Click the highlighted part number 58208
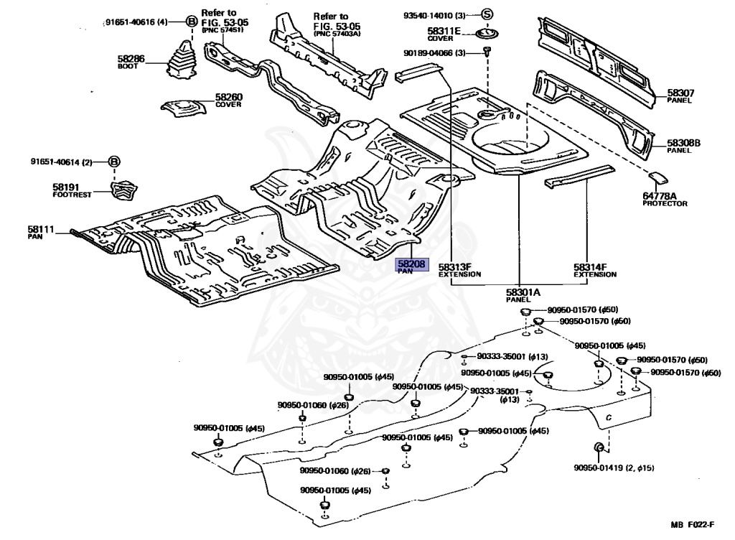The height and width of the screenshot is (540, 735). pyautogui.click(x=411, y=264)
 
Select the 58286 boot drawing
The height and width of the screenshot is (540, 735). pyautogui.click(x=182, y=59)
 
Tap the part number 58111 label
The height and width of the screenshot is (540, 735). pyautogui.click(x=41, y=229)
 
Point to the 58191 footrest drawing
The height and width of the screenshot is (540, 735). pyautogui.click(x=124, y=189)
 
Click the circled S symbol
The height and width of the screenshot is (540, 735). pyautogui.click(x=487, y=15)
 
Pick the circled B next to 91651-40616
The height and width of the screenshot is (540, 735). pyautogui.click(x=191, y=22)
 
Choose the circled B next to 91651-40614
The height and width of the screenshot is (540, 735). pyautogui.click(x=114, y=162)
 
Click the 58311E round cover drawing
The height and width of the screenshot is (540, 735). pyautogui.click(x=487, y=34)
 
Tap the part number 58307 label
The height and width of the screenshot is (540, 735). pyautogui.click(x=680, y=93)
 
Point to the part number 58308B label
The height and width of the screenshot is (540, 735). pyautogui.click(x=684, y=143)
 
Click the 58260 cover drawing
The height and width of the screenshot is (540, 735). pyautogui.click(x=183, y=108)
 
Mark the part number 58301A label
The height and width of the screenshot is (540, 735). pyautogui.click(x=523, y=292)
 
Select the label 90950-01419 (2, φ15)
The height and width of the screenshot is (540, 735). pyautogui.click(x=614, y=467)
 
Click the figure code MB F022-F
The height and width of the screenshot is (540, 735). pyautogui.click(x=693, y=524)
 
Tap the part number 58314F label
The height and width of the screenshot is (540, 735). pyautogui.click(x=590, y=266)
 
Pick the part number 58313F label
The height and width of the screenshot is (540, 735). pyautogui.click(x=454, y=266)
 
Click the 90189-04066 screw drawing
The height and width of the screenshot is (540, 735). pyautogui.click(x=487, y=51)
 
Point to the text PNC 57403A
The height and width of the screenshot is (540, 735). pyautogui.click(x=337, y=34)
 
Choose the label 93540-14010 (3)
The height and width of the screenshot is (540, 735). pyautogui.click(x=434, y=16)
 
